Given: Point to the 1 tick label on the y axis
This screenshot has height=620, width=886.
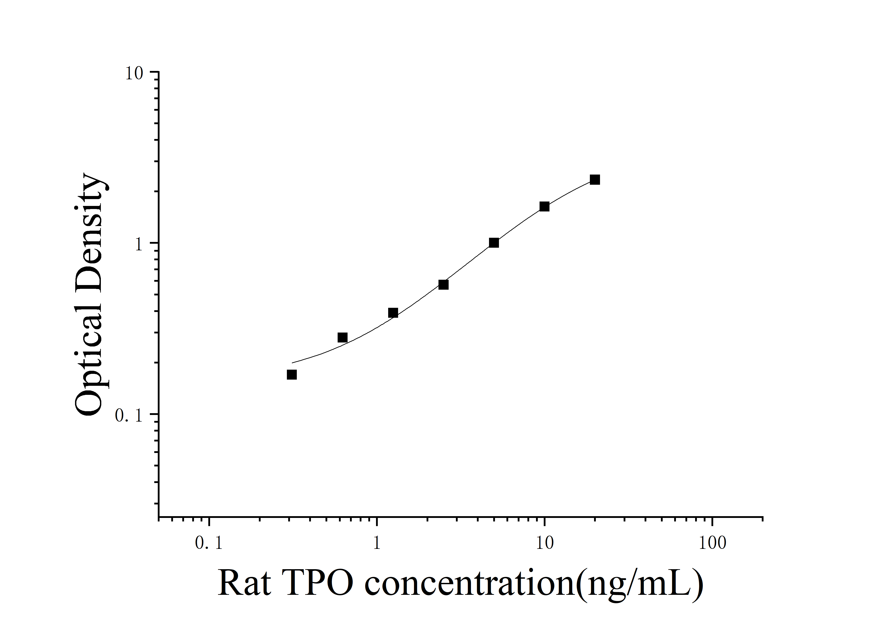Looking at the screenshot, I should pos(139,244).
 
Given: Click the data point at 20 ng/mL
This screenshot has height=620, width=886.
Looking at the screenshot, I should pos(595,180).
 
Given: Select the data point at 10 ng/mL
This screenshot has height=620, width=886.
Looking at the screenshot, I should pos(544,206).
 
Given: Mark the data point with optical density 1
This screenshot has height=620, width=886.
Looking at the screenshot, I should pos(494,243).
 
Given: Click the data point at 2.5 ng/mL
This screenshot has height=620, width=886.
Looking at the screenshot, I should pos(443,285).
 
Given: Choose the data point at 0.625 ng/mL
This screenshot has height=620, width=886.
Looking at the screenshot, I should pos(342,337).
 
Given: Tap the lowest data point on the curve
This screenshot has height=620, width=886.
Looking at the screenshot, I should pos(292,374).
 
